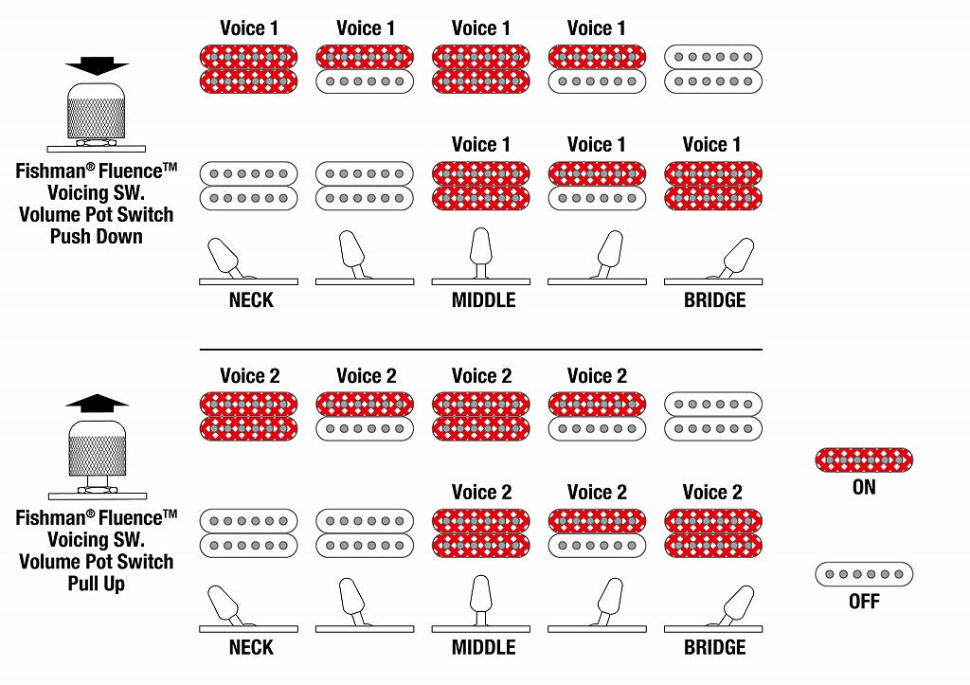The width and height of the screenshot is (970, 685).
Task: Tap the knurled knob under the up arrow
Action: (97, 448)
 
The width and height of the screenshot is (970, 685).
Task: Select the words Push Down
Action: (97, 237)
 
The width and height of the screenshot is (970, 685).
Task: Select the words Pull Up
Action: (97, 584)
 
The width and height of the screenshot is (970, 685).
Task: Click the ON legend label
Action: (864, 487)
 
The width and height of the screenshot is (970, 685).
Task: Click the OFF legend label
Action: (864, 601)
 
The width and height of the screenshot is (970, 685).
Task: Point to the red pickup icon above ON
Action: (864, 461)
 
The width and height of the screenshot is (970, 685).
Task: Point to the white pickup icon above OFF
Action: (864, 574)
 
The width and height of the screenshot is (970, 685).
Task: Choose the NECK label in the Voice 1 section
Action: (251, 300)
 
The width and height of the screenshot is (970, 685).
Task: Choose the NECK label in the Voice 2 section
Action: (251, 648)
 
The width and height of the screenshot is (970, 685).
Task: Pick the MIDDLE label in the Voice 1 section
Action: (483, 300)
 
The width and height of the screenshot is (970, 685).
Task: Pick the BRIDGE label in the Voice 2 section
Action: (714, 648)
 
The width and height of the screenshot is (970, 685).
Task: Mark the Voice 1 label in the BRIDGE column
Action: (711, 145)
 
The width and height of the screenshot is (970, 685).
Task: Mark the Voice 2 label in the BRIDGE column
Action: (711, 493)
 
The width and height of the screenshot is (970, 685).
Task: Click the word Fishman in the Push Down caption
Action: (47, 172)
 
